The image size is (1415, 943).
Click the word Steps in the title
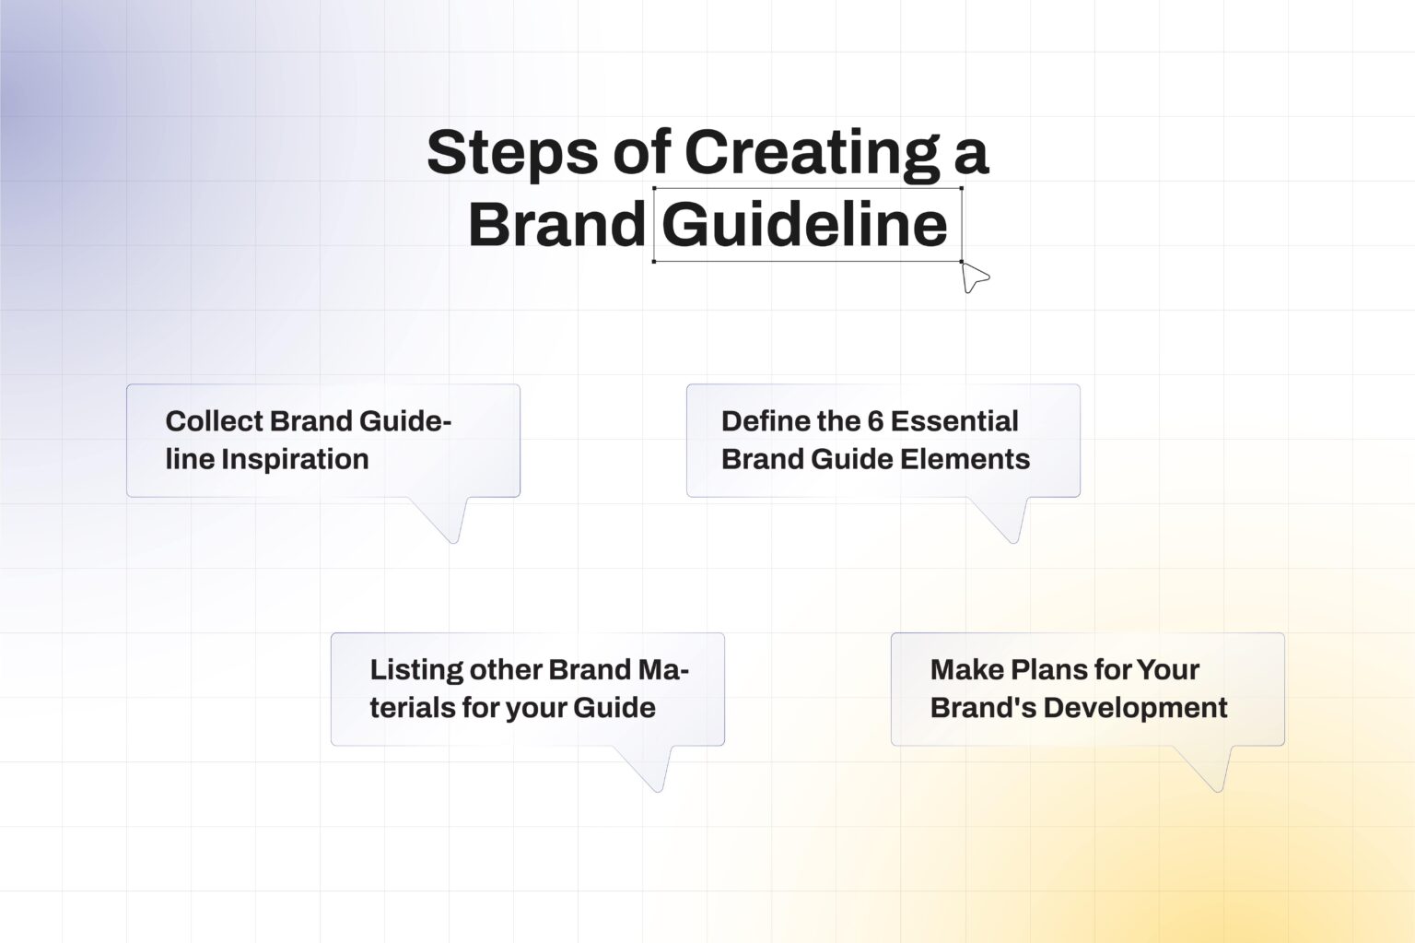click(x=511, y=153)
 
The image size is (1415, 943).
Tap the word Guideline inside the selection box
click(x=804, y=225)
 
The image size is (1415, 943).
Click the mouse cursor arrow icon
click(x=974, y=277)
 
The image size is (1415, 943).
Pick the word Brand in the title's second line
click(x=556, y=225)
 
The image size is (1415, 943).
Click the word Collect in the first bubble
click(x=215, y=421)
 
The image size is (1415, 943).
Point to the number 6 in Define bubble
click(x=874, y=421)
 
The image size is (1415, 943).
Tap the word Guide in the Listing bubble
click(x=614, y=708)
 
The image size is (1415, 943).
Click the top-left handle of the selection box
click(x=654, y=188)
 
